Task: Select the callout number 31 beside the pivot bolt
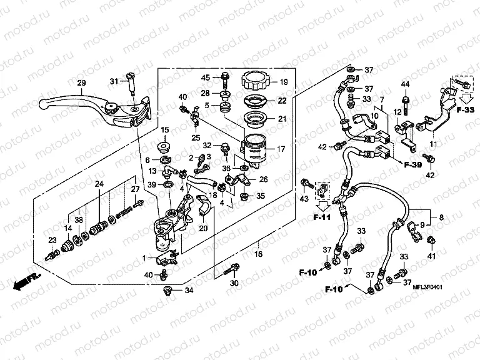click(114, 81)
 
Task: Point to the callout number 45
click(205, 77)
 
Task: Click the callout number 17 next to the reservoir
click(281, 149)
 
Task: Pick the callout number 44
click(405, 84)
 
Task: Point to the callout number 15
click(166, 130)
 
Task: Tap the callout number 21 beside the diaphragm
click(281, 119)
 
